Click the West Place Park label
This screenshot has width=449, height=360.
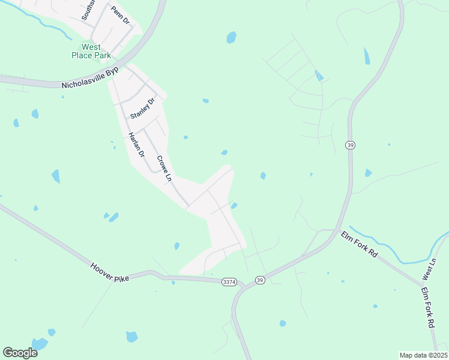tap(92, 51)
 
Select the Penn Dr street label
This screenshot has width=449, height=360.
tap(120, 16)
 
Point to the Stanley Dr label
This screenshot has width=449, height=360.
tap(142, 108)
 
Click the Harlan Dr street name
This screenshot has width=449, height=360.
tap(137, 146)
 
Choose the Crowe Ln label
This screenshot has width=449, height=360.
tap(164, 169)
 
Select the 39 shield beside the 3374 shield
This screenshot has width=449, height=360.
tap(259, 280)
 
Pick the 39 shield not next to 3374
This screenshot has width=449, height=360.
tap(350, 145)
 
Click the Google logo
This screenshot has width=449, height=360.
tap(20, 352)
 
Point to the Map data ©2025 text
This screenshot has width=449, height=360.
tap(424, 355)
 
